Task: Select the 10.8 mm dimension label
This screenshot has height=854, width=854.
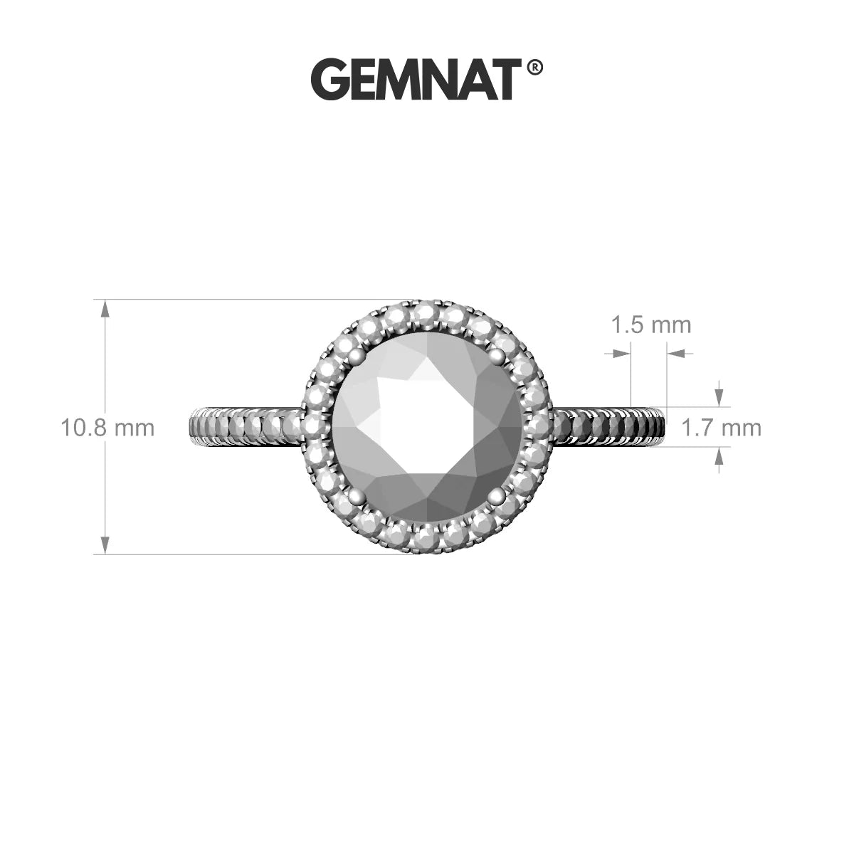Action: click(x=107, y=428)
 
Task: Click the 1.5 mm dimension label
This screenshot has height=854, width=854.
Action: click(x=651, y=325)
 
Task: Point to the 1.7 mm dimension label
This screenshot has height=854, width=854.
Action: click(x=722, y=428)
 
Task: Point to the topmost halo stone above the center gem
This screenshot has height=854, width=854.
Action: click(x=427, y=312)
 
